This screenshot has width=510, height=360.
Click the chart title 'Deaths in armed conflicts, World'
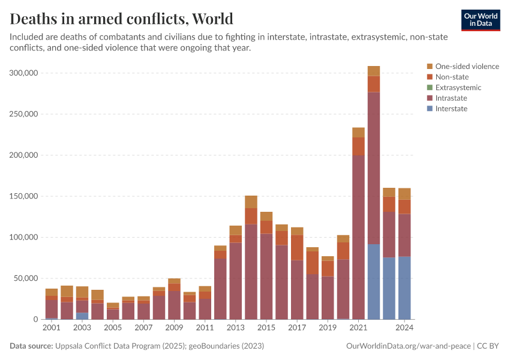pos(122,19)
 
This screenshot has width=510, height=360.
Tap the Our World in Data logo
pos(480,20)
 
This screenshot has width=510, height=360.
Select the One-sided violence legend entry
pos(467,67)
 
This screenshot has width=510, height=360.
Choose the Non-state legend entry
pos(452,77)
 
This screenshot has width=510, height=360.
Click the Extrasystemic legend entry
pos(458,88)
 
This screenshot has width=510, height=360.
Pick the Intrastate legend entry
pos(451,98)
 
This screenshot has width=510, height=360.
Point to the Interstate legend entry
pos(451,109)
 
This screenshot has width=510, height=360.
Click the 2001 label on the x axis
pos(52,328)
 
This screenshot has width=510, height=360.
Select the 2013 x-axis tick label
pos(235,328)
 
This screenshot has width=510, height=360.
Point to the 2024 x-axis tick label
pos(404,328)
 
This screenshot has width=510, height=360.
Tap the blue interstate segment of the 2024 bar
pos(404,288)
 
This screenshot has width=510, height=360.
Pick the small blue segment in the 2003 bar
pos(82,316)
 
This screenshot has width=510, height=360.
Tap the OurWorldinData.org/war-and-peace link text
pos(409,346)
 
